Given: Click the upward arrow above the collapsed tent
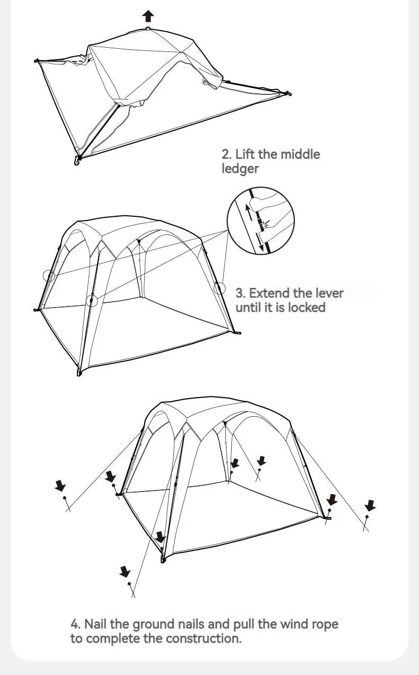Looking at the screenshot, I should point(149,16).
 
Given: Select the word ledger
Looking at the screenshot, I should point(240,169).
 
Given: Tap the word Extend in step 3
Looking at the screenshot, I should point(269,293).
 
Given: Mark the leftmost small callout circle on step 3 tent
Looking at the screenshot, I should point(49,276).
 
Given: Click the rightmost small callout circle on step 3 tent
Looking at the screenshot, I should point(220,288).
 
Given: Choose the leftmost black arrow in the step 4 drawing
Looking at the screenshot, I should point(60,486).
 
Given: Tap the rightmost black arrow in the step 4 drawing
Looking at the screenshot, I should point(370,505).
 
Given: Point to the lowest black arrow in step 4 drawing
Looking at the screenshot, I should point(125,571).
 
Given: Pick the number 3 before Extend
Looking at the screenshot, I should point(240,293).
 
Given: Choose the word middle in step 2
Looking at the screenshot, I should point(300,154).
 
